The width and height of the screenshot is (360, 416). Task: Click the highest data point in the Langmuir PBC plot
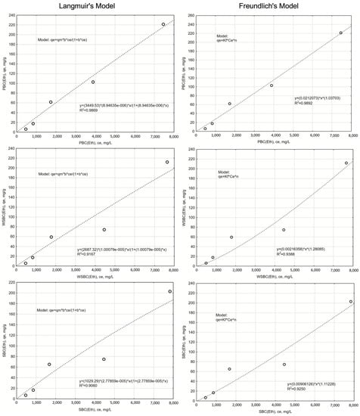click(x=163, y=24)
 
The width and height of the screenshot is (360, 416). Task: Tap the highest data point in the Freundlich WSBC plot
click(x=346, y=163)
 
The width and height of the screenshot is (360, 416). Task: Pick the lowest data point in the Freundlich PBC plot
click(x=205, y=129)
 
